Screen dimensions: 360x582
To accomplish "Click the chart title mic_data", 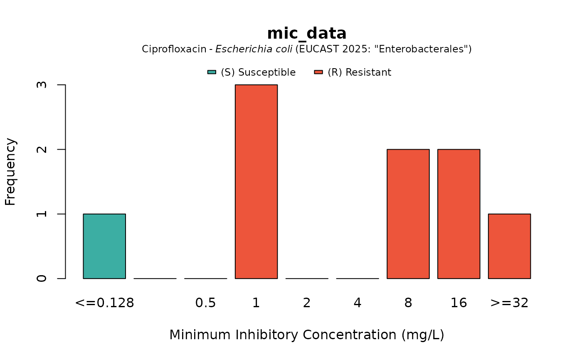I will tap(307, 34).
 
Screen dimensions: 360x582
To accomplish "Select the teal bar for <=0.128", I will tap(104, 246).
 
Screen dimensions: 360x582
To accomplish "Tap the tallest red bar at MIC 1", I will tap(256, 182).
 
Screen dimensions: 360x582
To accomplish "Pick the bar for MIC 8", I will tap(408, 214).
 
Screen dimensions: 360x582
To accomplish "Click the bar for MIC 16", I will tap(459, 214).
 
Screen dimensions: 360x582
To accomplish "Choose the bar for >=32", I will tap(509, 246).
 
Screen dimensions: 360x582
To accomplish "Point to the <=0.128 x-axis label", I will tap(104, 303).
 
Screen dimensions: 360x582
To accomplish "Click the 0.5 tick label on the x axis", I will tap(205, 303).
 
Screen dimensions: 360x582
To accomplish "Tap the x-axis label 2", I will tap(307, 303).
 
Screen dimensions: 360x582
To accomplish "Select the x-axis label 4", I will tap(358, 303).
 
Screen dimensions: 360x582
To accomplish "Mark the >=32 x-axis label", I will tap(509, 303).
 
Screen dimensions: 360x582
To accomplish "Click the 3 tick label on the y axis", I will tap(42, 85).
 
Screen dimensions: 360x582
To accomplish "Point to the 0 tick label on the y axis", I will tap(42, 278).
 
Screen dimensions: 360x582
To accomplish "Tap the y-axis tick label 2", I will tap(42, 149).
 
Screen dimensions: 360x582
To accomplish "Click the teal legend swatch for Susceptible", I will tap(212, 72).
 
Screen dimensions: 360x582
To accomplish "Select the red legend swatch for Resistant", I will tap(318, 72).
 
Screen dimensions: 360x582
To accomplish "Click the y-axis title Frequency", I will tap(11, 172).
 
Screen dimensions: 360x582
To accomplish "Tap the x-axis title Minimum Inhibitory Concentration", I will tap(307, 335).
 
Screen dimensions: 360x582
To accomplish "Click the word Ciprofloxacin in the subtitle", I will tap(174, 49).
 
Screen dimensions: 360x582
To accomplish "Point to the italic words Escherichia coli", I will tap(254, 49).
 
